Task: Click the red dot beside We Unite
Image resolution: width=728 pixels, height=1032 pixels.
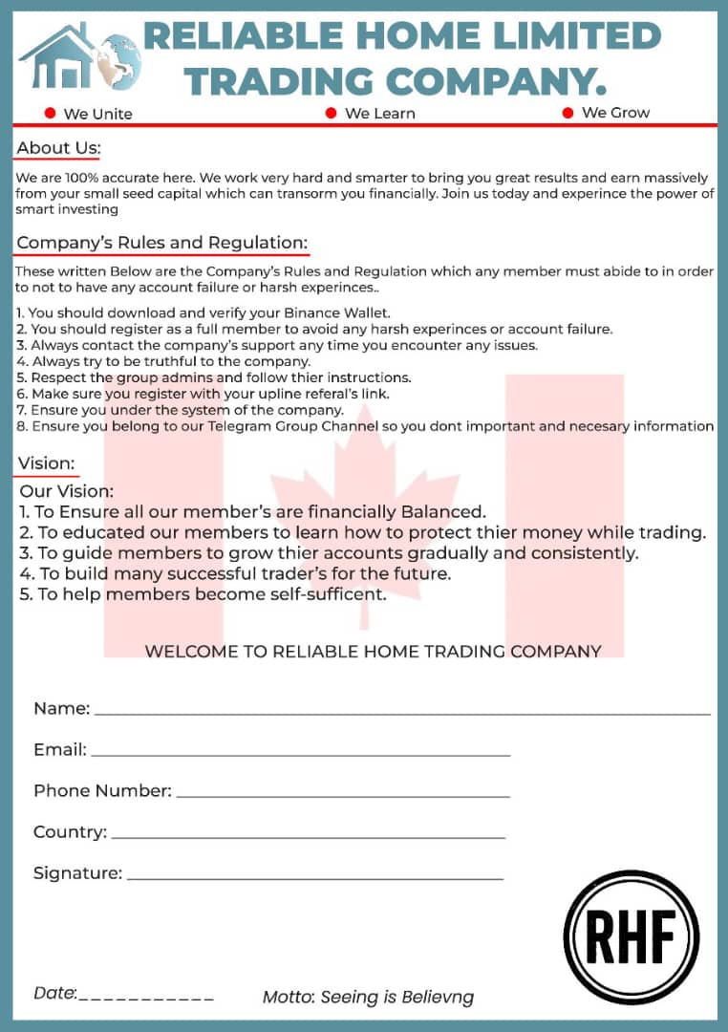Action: pos(51,114)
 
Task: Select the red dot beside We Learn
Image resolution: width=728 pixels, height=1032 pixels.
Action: pos(332,113)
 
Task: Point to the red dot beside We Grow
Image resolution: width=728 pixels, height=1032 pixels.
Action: pos(567,113)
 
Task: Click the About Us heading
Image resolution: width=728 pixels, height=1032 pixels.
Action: pos(58,148)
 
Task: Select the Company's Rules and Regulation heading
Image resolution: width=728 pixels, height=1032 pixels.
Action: pos(161,243)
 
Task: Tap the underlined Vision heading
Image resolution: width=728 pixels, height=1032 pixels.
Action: pos(46,464)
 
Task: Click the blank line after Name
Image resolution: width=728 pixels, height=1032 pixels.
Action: pos(401,713)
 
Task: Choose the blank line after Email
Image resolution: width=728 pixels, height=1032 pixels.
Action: pos(300,755)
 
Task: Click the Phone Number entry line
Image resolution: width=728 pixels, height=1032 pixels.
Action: pos(343,796)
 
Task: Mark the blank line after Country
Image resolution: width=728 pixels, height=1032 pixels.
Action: pos(308,837)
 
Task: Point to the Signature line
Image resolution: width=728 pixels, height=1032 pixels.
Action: pos(314,878)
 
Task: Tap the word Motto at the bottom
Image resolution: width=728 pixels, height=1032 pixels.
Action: pos(288,998)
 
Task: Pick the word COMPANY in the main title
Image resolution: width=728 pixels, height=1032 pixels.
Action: pos(496,81)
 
